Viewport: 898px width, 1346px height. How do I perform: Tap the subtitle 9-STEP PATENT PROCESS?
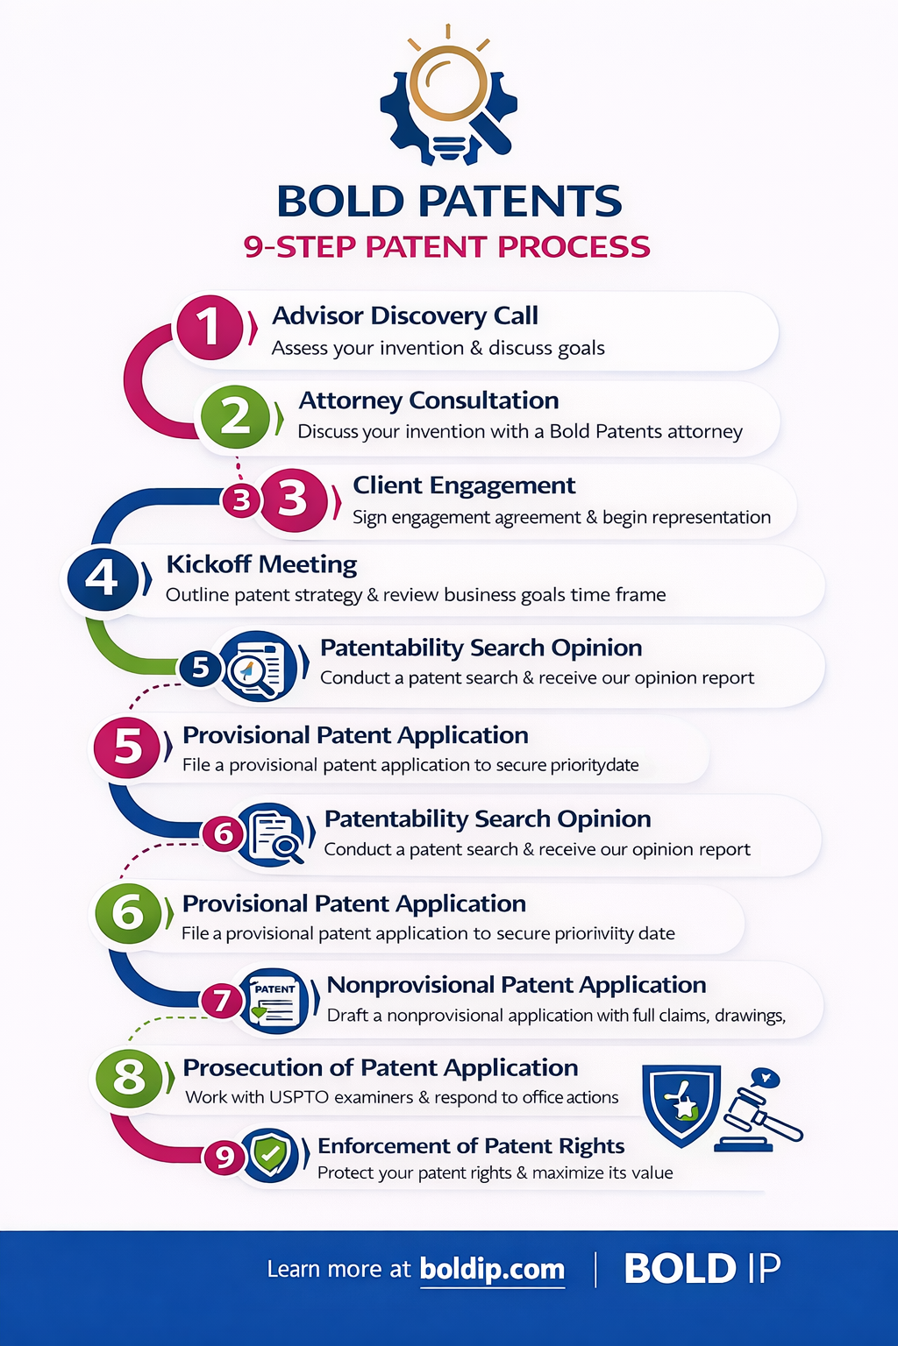pos(447,247)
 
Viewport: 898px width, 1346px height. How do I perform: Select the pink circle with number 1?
pos(209,327)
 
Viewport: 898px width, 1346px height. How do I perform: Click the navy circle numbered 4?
pos(103,578)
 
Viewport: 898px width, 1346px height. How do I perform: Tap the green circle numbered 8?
pos(129,1076)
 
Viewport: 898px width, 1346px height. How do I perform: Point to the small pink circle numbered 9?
pos(224,1157)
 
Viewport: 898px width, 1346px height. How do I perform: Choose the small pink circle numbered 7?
pos(222,1001)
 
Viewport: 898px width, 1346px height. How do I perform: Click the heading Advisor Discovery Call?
pos(404,315)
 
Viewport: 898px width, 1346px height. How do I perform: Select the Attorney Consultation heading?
pos(428,400)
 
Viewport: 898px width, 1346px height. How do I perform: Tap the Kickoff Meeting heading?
pos(261,564)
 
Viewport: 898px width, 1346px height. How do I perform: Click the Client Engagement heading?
pos(464,485)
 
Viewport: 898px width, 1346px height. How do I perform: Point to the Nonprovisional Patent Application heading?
pos(516,985)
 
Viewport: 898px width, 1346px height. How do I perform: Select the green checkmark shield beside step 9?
pos(270,1155)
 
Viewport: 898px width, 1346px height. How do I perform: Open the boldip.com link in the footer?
pos(492,1269)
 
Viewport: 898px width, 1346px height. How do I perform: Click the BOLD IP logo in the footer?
pos(702,1269)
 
